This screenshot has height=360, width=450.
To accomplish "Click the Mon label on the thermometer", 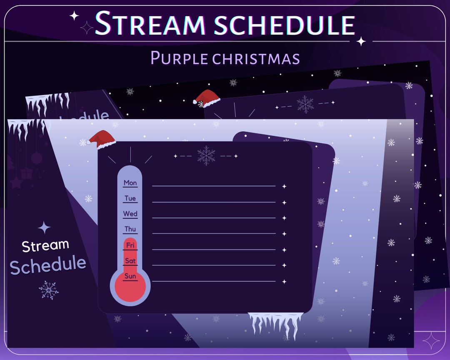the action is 130,182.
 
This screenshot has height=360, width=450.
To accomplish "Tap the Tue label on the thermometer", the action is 130,198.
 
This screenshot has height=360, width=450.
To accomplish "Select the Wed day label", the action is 130,214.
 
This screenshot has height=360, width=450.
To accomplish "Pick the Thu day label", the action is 130,229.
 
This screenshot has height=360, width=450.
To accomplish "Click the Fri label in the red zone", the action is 130,245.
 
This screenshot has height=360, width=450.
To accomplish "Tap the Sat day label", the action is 130,261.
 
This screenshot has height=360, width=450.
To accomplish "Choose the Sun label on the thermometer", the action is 130,276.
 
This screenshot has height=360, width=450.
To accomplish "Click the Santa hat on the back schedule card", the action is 206,98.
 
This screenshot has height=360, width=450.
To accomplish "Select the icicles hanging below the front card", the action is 275,325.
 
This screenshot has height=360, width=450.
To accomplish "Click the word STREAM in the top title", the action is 150,23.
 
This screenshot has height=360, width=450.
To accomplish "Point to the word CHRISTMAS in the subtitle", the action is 256,58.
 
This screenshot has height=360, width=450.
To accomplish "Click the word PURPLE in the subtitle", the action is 179,57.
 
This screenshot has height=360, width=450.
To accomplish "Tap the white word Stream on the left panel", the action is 45,246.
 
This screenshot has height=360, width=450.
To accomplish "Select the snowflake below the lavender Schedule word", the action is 48,290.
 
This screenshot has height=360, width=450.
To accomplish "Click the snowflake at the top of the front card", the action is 206,155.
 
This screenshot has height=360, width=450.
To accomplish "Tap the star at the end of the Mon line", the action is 284,186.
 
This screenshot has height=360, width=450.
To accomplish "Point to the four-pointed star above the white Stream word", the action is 44,227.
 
